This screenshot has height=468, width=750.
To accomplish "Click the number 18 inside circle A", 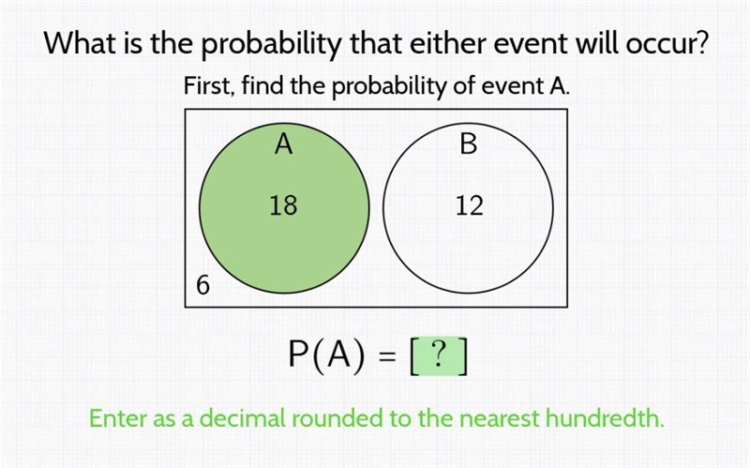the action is pyautogui.click(x=283, y=205).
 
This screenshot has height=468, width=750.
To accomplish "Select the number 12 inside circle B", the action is pyautogui.click(x=470, y=205).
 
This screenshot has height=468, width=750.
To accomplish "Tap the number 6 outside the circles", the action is pyautogui.click(x=202, y=285).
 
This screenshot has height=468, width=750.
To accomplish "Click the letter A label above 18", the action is pyautogui.click(x=284, y=143).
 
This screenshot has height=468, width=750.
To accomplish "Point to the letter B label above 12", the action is pyautogui.click(x=469, y=143).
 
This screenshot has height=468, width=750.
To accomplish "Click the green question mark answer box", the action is pyautogui.click(x=439, y=357).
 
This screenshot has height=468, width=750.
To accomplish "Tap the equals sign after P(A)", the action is pyautogui.click(x=388, y=356).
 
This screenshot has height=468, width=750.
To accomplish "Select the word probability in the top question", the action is pyautogui.click(x=272, y=44).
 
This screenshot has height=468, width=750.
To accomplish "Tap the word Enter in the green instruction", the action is pyautogui.click(x=118, y=418).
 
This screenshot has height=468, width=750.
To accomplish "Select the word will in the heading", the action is pyautogui.click(x=598, y=43).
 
